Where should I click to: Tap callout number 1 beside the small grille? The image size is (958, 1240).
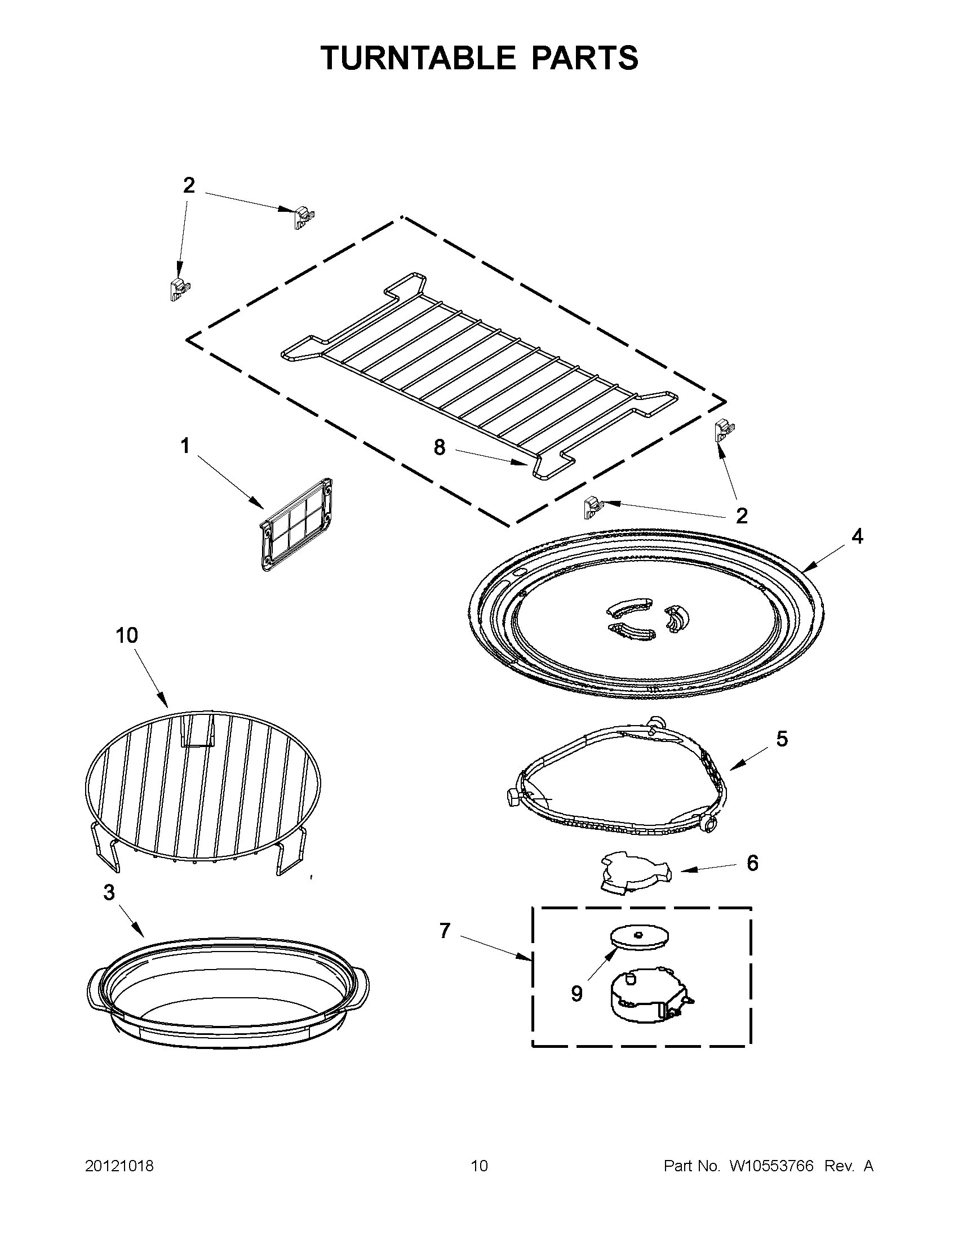185,446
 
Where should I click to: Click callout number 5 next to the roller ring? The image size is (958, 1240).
782,739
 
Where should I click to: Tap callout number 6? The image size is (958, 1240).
752,863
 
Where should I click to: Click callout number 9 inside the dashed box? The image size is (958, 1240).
576,993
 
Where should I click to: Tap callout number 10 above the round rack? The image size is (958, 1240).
127,635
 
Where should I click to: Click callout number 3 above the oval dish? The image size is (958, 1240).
109,892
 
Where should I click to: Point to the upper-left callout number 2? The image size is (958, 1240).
189,185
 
